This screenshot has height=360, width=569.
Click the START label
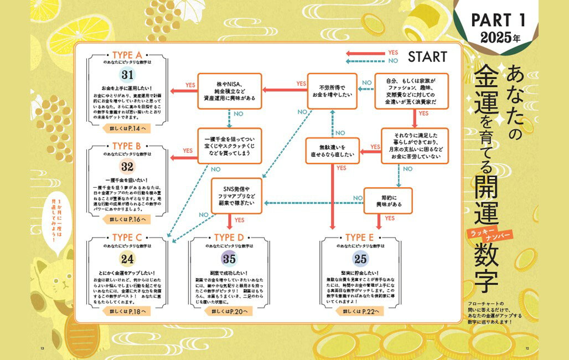coord(427,56)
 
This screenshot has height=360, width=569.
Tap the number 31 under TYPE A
coord(128,75)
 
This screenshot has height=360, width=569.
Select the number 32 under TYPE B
coord(128,168)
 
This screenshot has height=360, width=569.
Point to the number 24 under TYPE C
coord(128,258)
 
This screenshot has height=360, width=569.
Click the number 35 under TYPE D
coord(229,258)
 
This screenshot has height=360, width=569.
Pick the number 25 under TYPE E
coord(360,258)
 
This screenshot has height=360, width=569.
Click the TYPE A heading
coord(127,55)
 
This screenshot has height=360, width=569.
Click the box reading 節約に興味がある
coord(387,200)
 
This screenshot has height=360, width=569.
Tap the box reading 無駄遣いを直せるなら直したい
coord(332,151)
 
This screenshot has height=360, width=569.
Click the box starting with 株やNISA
coord(229,91)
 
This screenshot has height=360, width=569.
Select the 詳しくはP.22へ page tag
coord(360,312)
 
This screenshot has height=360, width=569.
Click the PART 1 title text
coord(496,21)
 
